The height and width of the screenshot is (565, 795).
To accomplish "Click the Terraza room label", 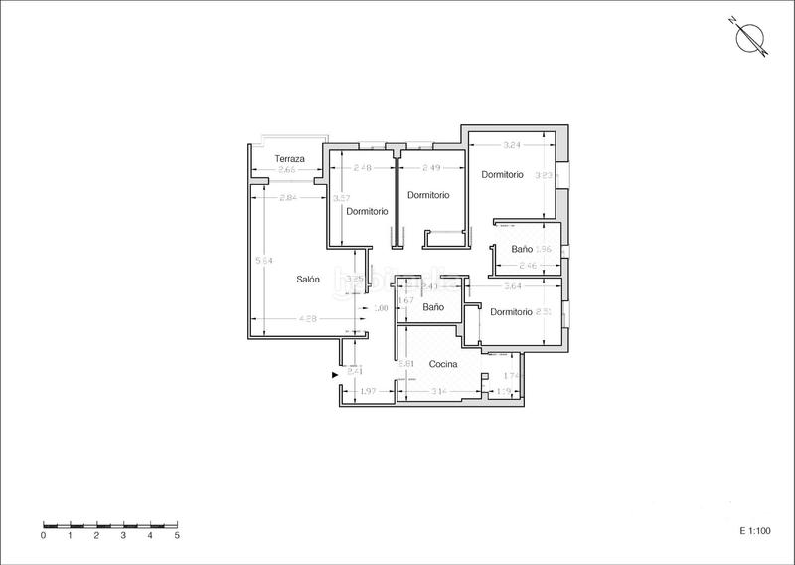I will tap(290, 159).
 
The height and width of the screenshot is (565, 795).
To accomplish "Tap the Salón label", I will tap(308, 280).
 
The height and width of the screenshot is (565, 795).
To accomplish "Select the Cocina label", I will tap(443, 364).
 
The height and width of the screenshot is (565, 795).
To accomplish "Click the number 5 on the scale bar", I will tap(177, 535).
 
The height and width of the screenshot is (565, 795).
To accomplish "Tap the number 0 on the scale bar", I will tap(44, 535).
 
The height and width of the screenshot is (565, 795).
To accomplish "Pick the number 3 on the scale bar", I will tap(123, 535).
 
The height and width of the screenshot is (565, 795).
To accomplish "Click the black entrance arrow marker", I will tap(335, 374).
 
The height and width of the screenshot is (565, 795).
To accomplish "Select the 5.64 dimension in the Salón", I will tap(264, 261).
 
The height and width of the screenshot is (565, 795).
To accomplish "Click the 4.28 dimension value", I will tap(308, 318).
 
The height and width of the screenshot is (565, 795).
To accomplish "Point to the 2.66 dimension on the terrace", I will tap(287, 171).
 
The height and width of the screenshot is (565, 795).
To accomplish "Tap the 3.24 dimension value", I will tap(513, 145).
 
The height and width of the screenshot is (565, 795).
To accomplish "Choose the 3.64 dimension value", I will tap(513, 286).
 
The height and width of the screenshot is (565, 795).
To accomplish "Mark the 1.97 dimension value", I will tap(366, 392).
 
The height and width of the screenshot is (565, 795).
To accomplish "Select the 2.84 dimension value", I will tap(288, 197).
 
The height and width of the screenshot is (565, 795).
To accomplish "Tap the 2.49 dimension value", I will tap(431, 167).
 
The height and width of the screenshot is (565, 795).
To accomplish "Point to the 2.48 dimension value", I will tap(362, 167).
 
